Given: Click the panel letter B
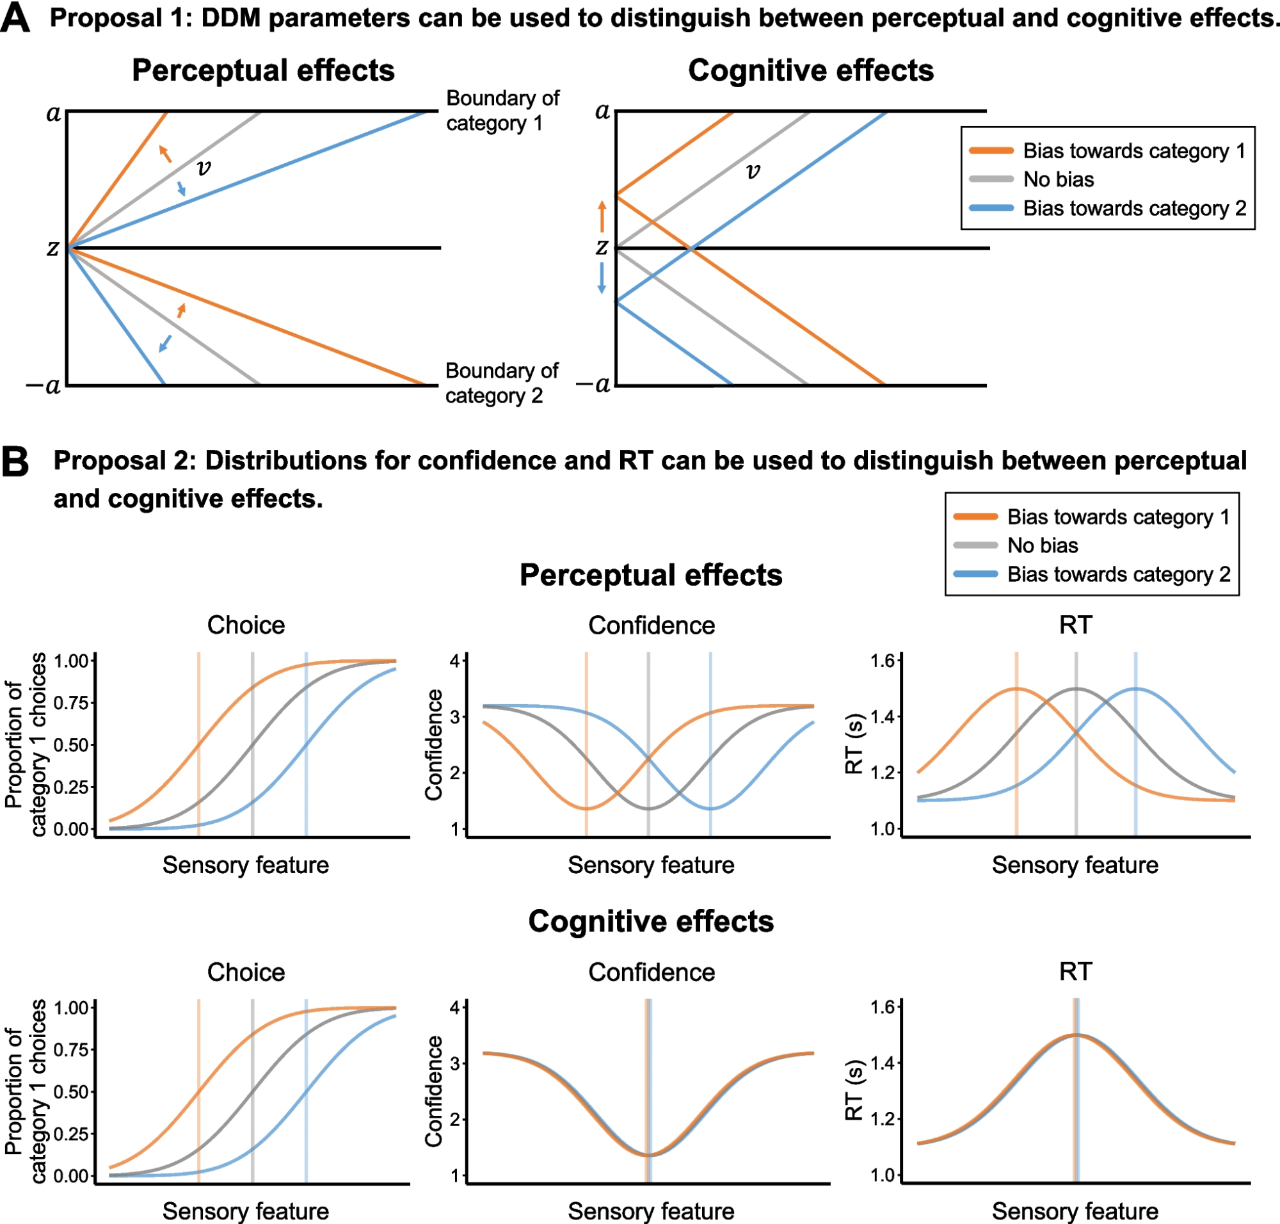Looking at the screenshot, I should pos(15,462).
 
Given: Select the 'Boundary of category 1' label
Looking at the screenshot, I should pos(502,110).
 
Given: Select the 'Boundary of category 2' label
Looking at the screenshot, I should pos(501,383).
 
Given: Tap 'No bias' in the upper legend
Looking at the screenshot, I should pos(1058,179).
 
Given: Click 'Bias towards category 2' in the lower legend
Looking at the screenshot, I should pos(1118,574).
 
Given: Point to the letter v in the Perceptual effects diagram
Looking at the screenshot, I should pos(204,168).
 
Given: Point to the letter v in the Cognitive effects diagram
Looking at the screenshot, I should pos(753,171).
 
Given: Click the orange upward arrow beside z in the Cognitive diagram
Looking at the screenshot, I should pos(602,216).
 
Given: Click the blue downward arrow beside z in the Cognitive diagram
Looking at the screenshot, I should pos(602,277).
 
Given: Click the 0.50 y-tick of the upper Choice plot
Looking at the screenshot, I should pos(70,745).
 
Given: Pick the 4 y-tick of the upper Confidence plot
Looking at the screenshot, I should pos(454,661).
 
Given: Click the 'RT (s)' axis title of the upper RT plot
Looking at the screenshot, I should pos(854,744).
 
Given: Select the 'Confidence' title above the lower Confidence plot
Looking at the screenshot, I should pos(651,972).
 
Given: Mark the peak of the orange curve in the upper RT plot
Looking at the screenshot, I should pos(1016,689).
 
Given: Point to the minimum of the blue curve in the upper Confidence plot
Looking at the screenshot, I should pos(710,809).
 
